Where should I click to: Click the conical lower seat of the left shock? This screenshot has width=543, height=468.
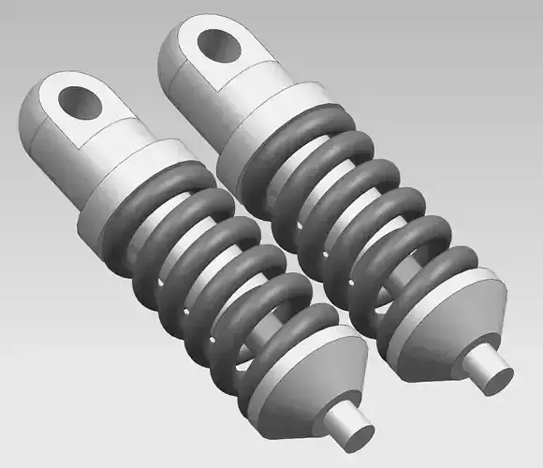pos(300,384)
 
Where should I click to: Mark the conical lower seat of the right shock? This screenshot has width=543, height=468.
pos(449,323)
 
